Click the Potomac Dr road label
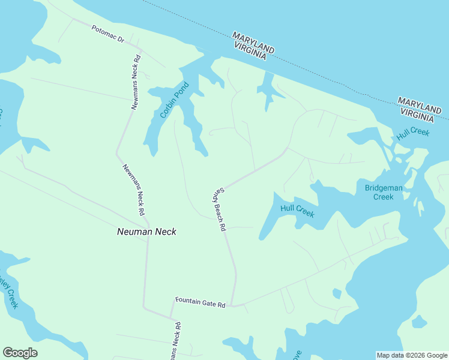[108, 34]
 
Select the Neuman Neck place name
[146, 231]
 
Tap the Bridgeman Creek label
[384, 192]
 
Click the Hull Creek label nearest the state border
[413, 133]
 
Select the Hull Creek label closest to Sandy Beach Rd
[297, 211]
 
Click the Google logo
[20, 353]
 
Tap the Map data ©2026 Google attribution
[411, 355]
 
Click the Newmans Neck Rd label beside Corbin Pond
[136, 82]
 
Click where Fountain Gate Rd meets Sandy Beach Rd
[232, 305]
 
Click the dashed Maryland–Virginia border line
[336, 77]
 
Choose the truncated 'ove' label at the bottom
[295, 355]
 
